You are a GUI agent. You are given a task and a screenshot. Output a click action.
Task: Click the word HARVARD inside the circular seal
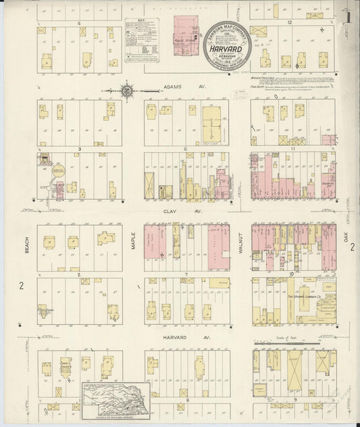223,48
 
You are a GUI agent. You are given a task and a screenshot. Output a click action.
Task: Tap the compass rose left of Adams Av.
128,88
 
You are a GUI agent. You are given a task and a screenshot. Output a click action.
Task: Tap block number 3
79,149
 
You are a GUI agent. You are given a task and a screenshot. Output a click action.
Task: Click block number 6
184,149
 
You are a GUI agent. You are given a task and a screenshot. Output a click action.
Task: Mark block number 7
184,274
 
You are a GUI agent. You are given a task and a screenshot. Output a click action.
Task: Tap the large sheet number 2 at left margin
22,286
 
